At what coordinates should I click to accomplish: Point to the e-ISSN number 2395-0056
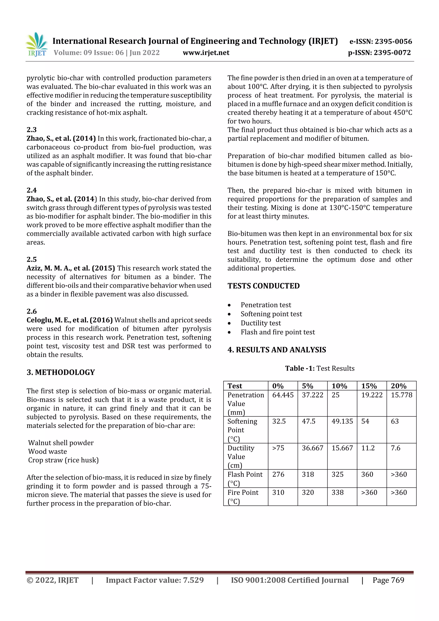380,41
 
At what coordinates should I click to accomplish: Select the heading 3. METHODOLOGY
61,372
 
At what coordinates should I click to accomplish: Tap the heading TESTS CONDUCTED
263,286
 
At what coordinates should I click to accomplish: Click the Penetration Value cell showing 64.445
283,395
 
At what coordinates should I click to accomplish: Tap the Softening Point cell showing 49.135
342,421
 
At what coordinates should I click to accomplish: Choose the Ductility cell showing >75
278,448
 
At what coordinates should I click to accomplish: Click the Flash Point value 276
278,474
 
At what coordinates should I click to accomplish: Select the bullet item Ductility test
260,323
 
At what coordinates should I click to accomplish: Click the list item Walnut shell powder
61,443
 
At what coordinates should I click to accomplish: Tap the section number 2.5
32,259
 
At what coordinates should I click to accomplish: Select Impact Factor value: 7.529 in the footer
155,580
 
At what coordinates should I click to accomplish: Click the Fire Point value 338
337,493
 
